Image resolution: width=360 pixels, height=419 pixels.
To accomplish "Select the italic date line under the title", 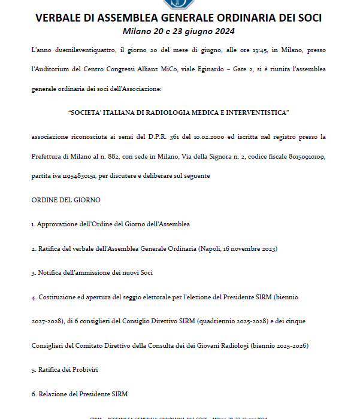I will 179,31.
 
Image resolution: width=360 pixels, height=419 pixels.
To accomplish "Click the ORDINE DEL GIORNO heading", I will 66,199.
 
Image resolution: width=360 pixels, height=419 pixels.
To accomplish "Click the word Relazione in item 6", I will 54,394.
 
